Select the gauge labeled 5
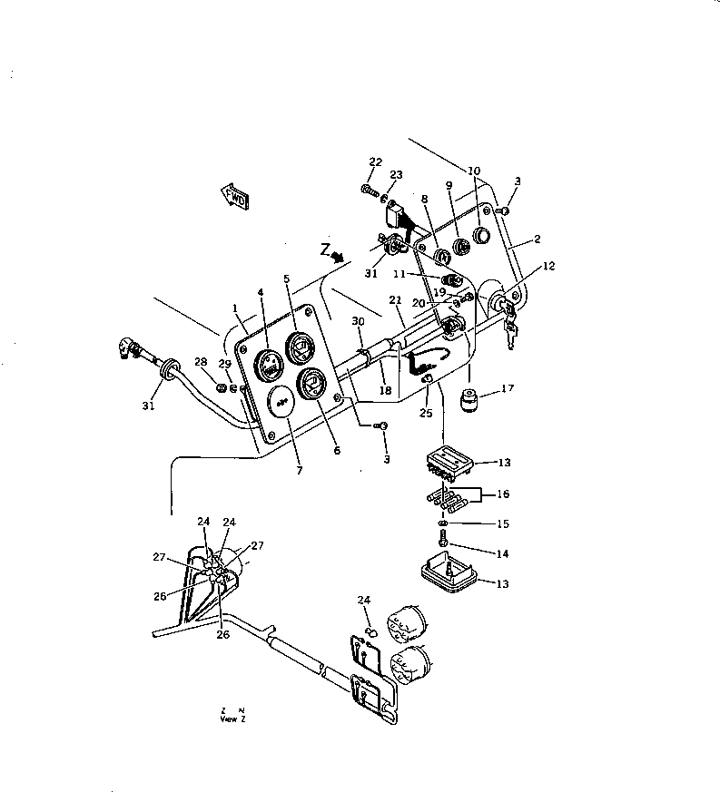click(x=299, y=346)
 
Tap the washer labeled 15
click(x=441, y=524)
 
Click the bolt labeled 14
click(x=441, y=541)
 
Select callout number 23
click(x=396, y=175)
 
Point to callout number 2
click(x=537, y=240)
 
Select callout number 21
click(x=395, y=300)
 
